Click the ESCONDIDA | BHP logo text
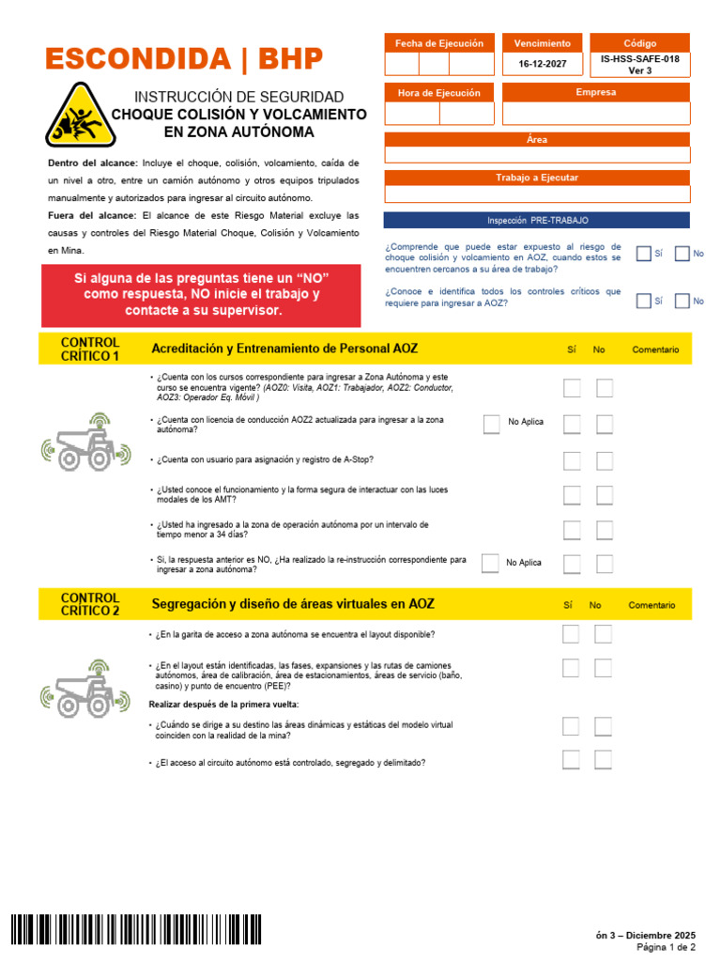(x=184, y=59)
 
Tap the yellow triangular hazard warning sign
(x=81, y=116)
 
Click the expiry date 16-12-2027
(x=543, y=64)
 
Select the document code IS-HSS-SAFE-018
(x=640, y=59)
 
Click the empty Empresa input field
(x=596, y=114)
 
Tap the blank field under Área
(x=537, y=155)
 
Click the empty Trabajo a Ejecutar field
(x=537, y=194)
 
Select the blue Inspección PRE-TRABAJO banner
(x=536, y=220)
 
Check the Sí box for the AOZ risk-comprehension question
(x=644, y=254)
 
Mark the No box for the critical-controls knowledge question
(x=683, y=301)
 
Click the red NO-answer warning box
(x=201, y=295)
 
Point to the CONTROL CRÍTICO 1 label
(x=90, y=349)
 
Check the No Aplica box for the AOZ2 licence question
(x=492, y=424)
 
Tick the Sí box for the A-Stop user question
(x=572, y=460)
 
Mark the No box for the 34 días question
(x=605, y=530)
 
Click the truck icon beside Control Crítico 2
(x=85, y=689)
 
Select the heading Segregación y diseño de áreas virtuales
(x=293, y=604)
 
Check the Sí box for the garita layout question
(x=571, y=634)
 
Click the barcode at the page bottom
(x=136, y=929)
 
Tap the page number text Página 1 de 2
(x=666, y=947)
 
